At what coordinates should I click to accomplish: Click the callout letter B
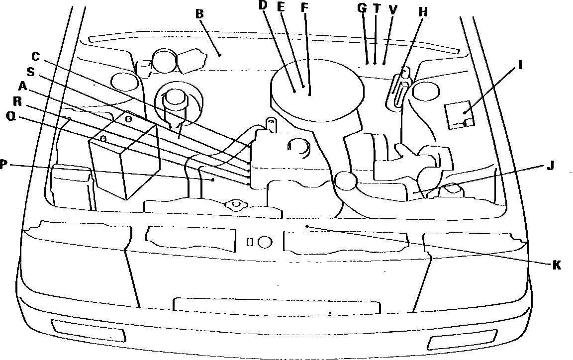(199, 13)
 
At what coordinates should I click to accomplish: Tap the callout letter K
(557, 265)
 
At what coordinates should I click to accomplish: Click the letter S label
(30, 72)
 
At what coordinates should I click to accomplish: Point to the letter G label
(362, 8)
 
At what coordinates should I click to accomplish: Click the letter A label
(22, 86)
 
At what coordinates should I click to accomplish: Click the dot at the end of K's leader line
(308, 226)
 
